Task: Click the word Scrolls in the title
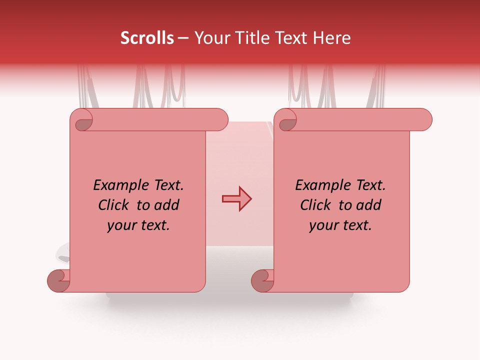click(147, 38)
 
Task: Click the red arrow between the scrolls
click(236, 199)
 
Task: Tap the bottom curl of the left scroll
click(58, 280)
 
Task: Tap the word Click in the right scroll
click(316, 205)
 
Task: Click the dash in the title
click(183, 38)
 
